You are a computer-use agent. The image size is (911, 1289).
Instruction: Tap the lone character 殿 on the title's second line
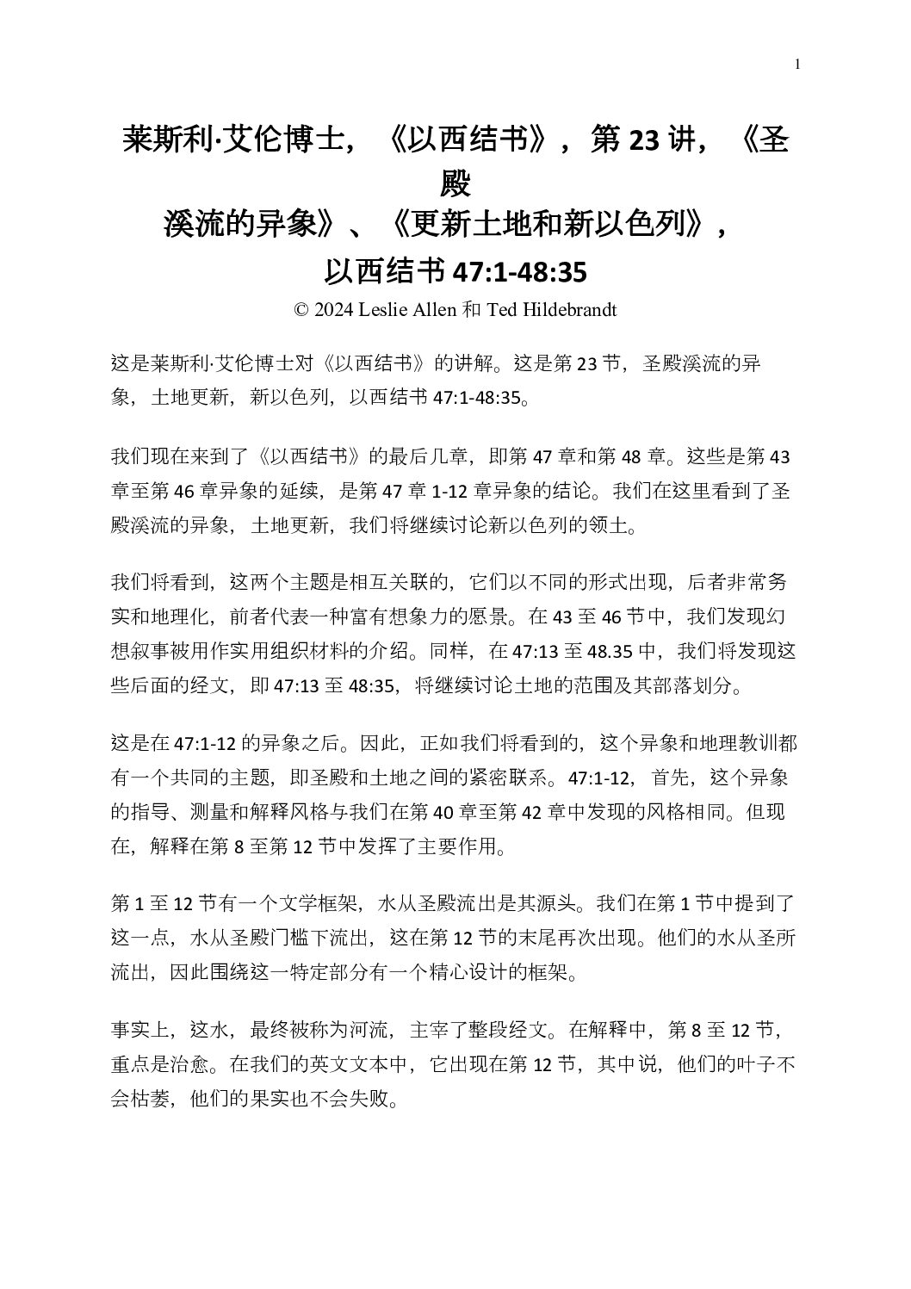click(455, 183)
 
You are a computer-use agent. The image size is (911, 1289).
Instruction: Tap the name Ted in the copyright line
click(501, 310)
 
